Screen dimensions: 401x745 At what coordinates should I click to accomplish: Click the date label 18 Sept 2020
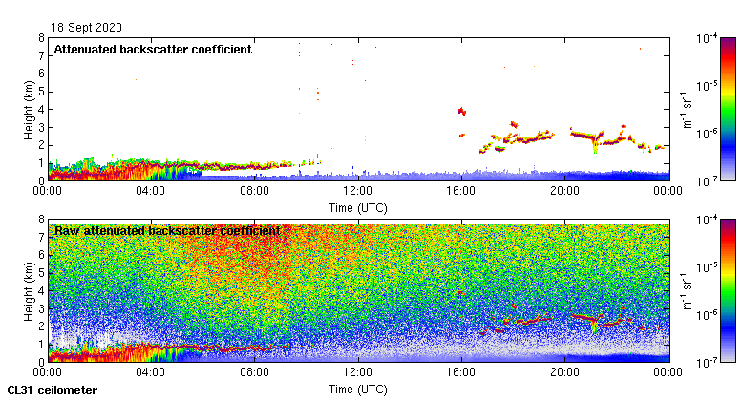click(87, 27)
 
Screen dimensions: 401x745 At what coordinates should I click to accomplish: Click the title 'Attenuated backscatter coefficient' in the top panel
click(153, 50)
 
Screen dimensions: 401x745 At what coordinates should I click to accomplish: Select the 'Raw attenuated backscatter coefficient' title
click(166, 231)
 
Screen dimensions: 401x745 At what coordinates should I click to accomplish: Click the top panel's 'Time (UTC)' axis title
click(357, 207)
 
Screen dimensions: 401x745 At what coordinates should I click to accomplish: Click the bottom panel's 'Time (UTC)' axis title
click(357, 390)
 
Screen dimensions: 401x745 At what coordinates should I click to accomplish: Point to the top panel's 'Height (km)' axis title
click(30, 109)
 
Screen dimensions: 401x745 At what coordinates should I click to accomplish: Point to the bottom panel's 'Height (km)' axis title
click(30, 290)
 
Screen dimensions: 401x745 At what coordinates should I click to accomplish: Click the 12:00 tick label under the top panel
click(357, 191)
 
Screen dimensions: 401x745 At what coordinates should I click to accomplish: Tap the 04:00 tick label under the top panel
click(151, 191)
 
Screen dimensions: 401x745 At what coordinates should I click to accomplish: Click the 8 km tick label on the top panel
click(41, 38)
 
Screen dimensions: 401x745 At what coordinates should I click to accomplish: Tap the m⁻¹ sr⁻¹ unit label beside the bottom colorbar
click(684, 290)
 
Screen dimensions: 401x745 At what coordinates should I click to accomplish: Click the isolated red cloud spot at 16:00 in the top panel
click(461, 112)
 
